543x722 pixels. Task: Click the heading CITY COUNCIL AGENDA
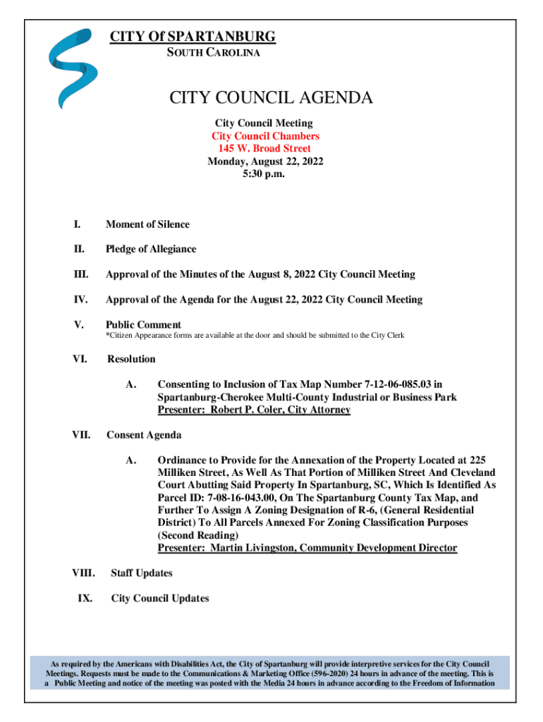tap(271, 98)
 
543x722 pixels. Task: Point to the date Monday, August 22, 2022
tap(264, 161)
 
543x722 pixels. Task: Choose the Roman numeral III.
tap(80, 274)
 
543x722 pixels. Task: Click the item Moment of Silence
tap(147, 224)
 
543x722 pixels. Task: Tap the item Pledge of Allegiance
tap(151, 249)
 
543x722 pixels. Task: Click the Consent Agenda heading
tap(143, 435)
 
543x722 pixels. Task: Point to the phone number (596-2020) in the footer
tap(287, 673)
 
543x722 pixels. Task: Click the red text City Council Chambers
tap(265, 136)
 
